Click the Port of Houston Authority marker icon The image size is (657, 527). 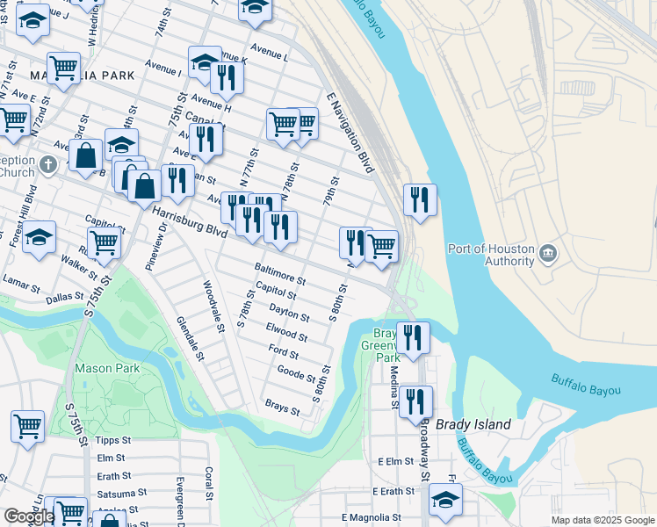(549, 255)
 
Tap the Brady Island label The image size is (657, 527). (480, 424)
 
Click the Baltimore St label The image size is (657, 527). (279, 273)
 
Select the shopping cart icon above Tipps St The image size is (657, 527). (27, 426)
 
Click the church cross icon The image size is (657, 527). (50, 163)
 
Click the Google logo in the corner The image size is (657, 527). (29, 516)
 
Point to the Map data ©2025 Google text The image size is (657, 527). (603, 520)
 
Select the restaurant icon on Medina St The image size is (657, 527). (415, 401)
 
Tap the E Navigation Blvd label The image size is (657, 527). (350, 132)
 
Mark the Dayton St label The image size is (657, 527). (289, 311)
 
